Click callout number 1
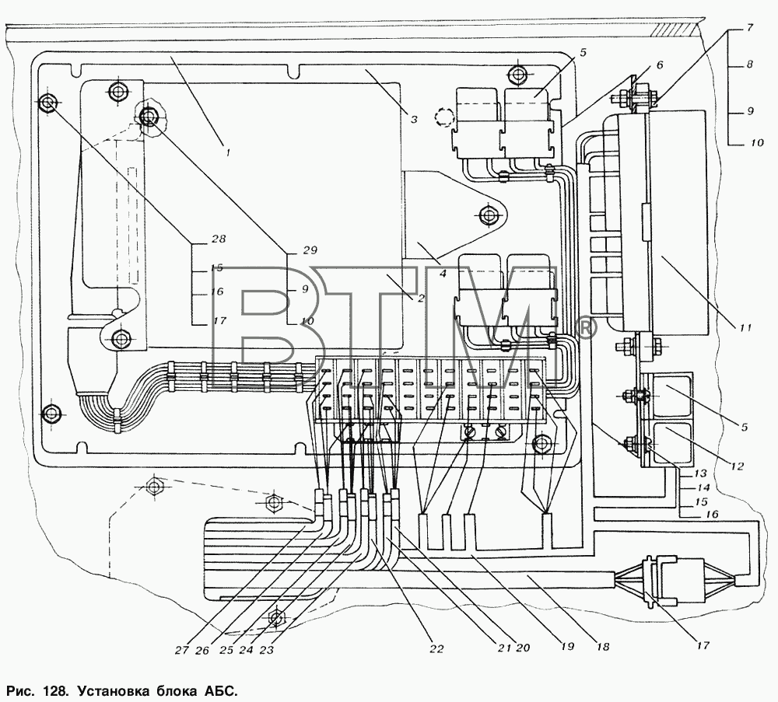(x=228, y=153)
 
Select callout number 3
(x=414, y=119)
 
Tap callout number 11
(x=745, y=328)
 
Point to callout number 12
(x=738, y=466)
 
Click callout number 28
(x=219, y=239)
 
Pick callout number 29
(x=310, y=250)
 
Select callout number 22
(x=436, y=648)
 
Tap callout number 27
(x=182, y=650)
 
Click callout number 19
(x=567, y=647)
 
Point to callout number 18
(x=603, y=647)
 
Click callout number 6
(x=659, y=65)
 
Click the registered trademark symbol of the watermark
(x=587, y=328)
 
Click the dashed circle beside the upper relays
(x=444, y=117)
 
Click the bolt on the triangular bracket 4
(x=489, y=215)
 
